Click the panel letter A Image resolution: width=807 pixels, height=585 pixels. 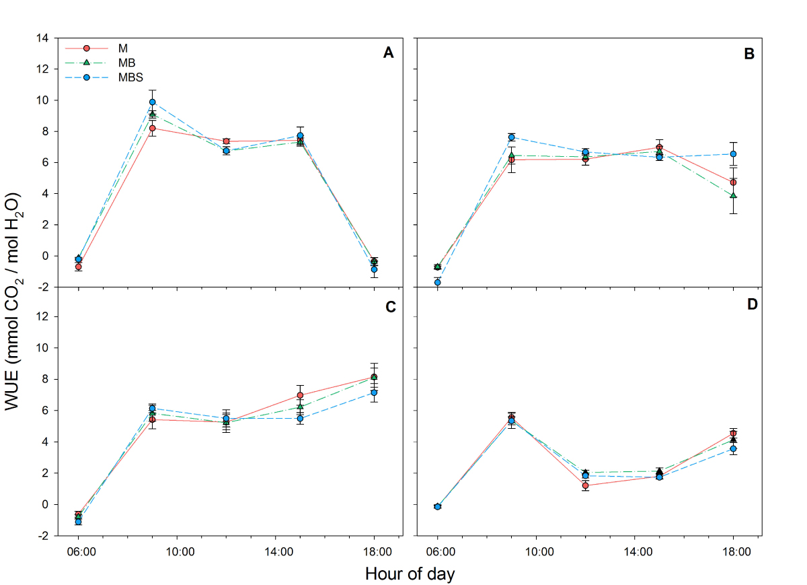(x=388, y=54)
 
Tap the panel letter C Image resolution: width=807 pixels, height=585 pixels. (x=388, y=307)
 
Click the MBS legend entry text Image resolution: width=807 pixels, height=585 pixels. (x=128, y=77)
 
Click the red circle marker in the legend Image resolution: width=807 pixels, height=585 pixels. (x=86, y=48)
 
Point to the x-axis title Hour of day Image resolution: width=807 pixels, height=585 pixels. (x=410, y=574)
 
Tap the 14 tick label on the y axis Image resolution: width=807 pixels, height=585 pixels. (x=42, y=38)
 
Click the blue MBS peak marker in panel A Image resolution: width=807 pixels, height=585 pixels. (x=153, y=102)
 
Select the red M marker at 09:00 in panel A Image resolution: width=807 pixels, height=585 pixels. (x=153, y=128)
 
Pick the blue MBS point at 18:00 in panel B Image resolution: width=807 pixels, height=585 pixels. (x=734, y=154)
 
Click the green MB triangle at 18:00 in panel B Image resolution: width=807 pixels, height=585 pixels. (x=734, y=195)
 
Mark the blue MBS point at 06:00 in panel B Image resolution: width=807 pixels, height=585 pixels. (x=438, y=282)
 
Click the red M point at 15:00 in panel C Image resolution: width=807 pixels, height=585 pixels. (x=300, y=395)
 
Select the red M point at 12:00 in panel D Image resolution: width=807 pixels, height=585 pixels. (x=586, y=485)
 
